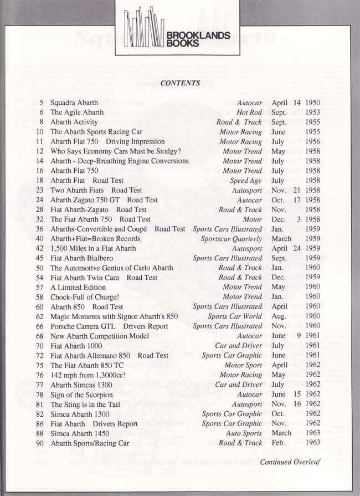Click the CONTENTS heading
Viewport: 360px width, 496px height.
tap(180, 83)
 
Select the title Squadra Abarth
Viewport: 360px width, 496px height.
tap(74, 103)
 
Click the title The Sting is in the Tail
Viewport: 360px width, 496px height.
tap(85, 405)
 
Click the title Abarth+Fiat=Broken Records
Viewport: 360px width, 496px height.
tap(95, 239)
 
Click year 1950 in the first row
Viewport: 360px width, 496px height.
tap(312, 103)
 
